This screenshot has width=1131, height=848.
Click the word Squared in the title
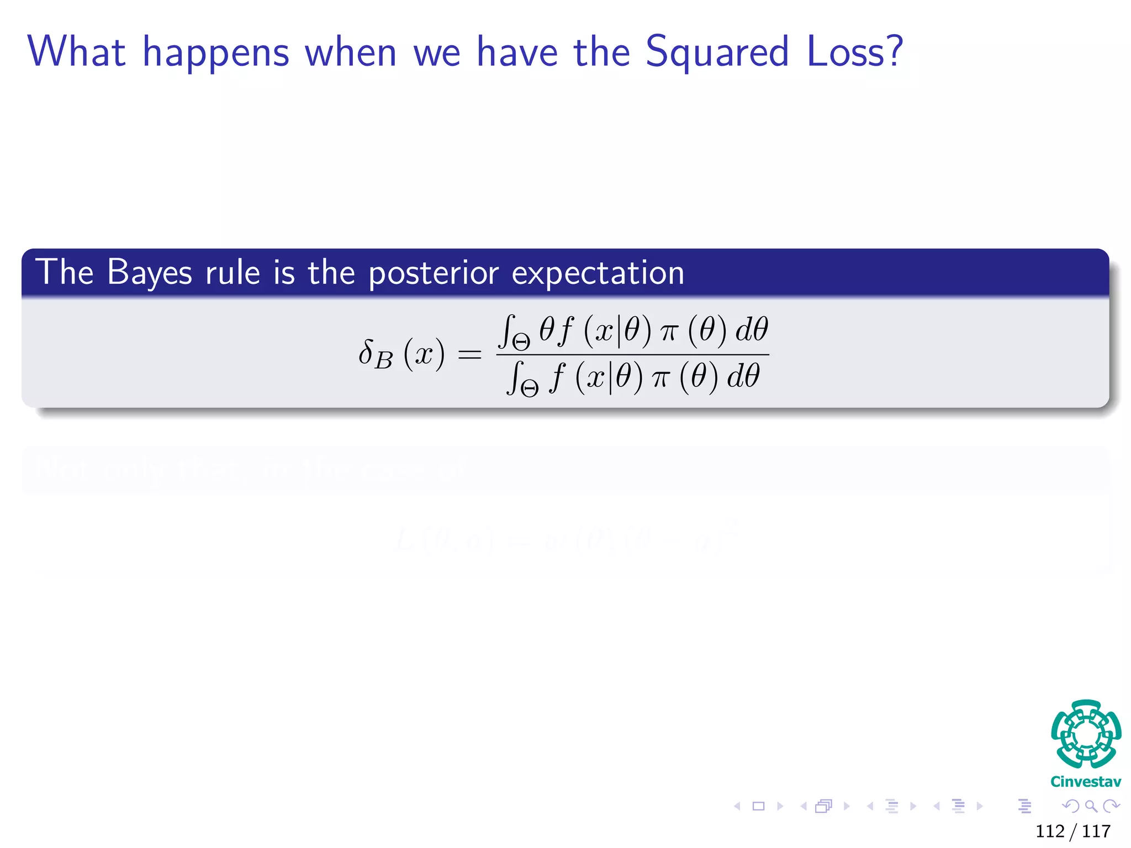(x=716, y=53)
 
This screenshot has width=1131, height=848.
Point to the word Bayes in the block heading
(x=150, y=273)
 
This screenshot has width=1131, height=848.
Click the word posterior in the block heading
(x=434, y=274)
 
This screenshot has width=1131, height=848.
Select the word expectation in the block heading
(x=598, y=273)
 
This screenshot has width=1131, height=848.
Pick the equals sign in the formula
(x=470, y=354)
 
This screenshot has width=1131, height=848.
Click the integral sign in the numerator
(x=507, y=331)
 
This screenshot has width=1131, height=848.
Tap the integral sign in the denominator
(x=515, y=378)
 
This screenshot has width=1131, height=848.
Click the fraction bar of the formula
(x=632, y=354)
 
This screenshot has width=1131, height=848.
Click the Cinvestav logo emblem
(x=1086, y=734)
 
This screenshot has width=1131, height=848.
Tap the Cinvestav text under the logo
(x=1086, y=782)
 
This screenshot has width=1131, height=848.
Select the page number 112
(x=1050, y=831)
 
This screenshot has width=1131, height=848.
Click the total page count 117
(x=1096, y=831)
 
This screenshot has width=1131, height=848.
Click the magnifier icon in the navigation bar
(x=1091, y=806)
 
